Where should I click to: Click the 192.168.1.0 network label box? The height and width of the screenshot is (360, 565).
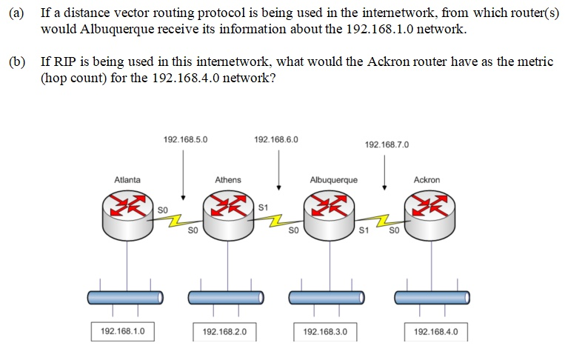click(x=122, y=330)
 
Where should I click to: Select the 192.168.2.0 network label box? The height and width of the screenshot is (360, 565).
click(x=224, y=331)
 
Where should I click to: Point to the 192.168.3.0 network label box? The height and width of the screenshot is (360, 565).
click(x=325, y=331)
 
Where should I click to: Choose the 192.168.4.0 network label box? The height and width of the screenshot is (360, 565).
click(x=436, y=331)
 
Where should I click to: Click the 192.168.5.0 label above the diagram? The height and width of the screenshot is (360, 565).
click(x=185, y=139)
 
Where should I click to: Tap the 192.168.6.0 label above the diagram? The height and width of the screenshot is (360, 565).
click(x=275, y=139)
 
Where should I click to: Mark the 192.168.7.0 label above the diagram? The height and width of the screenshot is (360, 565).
click(x=386, y=144)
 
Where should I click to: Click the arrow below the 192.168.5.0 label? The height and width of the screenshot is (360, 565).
click(x=184, y=174)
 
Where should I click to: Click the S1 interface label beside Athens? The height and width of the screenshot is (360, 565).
click(x=263, y=205)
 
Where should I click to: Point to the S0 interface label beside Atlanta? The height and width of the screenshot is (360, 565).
click(x=164, y=210)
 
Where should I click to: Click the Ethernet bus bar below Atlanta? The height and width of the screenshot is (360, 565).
click(x=125, y=297)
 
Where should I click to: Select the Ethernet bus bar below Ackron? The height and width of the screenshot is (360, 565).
click(x=431, y=297)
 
